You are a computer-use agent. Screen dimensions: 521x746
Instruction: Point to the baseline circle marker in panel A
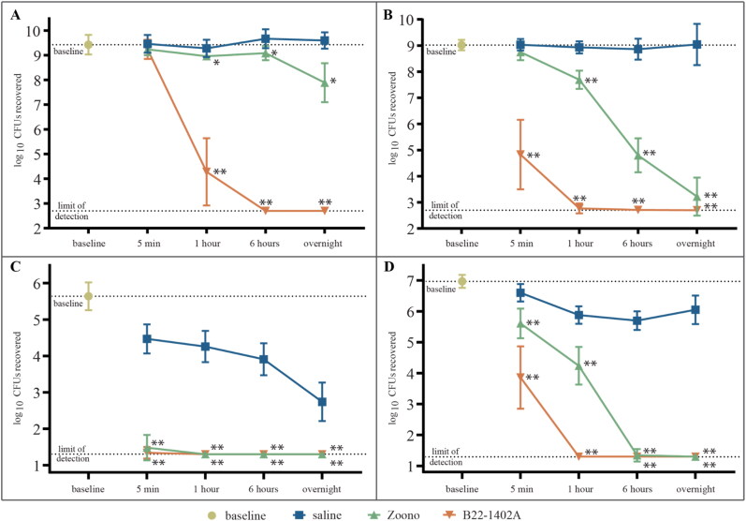pyautogui.click(x=88, y=44)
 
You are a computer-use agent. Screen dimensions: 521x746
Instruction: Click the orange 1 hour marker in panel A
pyautogui.click(x=205, y=171)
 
